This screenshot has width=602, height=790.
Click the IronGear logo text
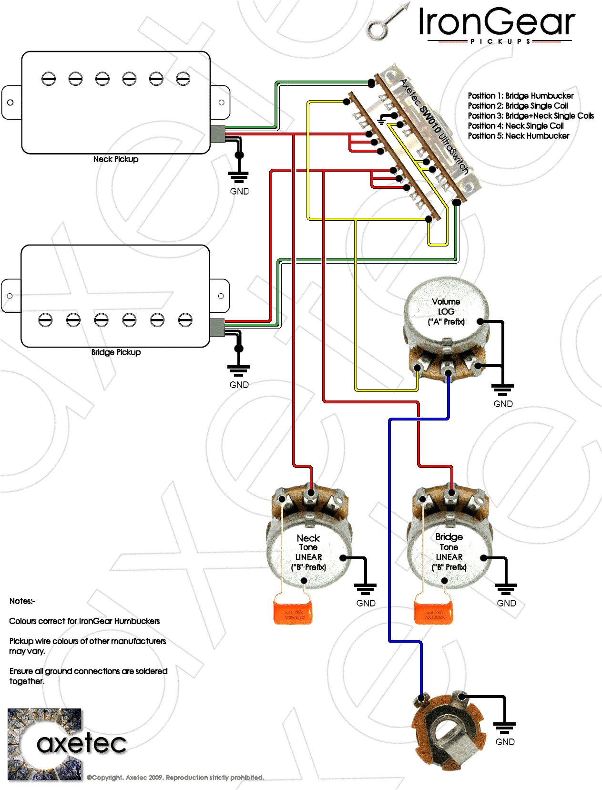coord(497,23)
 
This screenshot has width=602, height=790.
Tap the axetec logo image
coord(45,744)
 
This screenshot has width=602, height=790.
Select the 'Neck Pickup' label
coord(116,159)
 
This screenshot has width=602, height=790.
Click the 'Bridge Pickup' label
coord(116,352)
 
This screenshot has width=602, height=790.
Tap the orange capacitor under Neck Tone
coord(293,612)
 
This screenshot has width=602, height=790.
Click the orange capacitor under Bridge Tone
coord(433,612)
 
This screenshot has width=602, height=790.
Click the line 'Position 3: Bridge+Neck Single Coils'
coord(531,116)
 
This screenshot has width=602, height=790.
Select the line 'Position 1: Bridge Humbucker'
coord(520,96)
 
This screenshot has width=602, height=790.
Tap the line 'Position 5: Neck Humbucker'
coord(518,136)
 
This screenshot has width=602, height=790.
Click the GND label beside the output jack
coord(505,742)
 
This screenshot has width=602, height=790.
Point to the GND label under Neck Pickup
coord(239,191)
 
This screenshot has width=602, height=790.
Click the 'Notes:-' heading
coord(22,601)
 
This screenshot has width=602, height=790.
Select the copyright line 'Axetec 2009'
coord(175,778)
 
